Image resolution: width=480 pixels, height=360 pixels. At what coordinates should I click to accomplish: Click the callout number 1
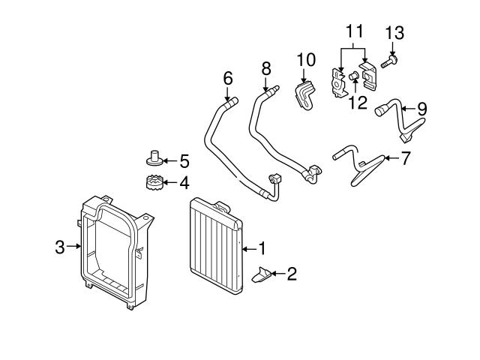pyautogui.click(x=263, y=247)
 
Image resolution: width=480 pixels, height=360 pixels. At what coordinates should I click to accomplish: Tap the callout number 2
pyautogui.click(x=292, y=274)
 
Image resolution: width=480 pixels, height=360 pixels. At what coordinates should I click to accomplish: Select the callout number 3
pyautogui.click(x=59, y=245)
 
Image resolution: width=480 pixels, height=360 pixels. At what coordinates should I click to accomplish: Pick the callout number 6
pyautogui.click(x=228, y=77)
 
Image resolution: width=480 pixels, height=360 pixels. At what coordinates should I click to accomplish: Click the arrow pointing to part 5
pyautogui.click(x=170, y=160)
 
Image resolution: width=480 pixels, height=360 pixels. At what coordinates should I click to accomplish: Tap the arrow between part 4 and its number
pyautogui.click(x=170, y=181)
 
